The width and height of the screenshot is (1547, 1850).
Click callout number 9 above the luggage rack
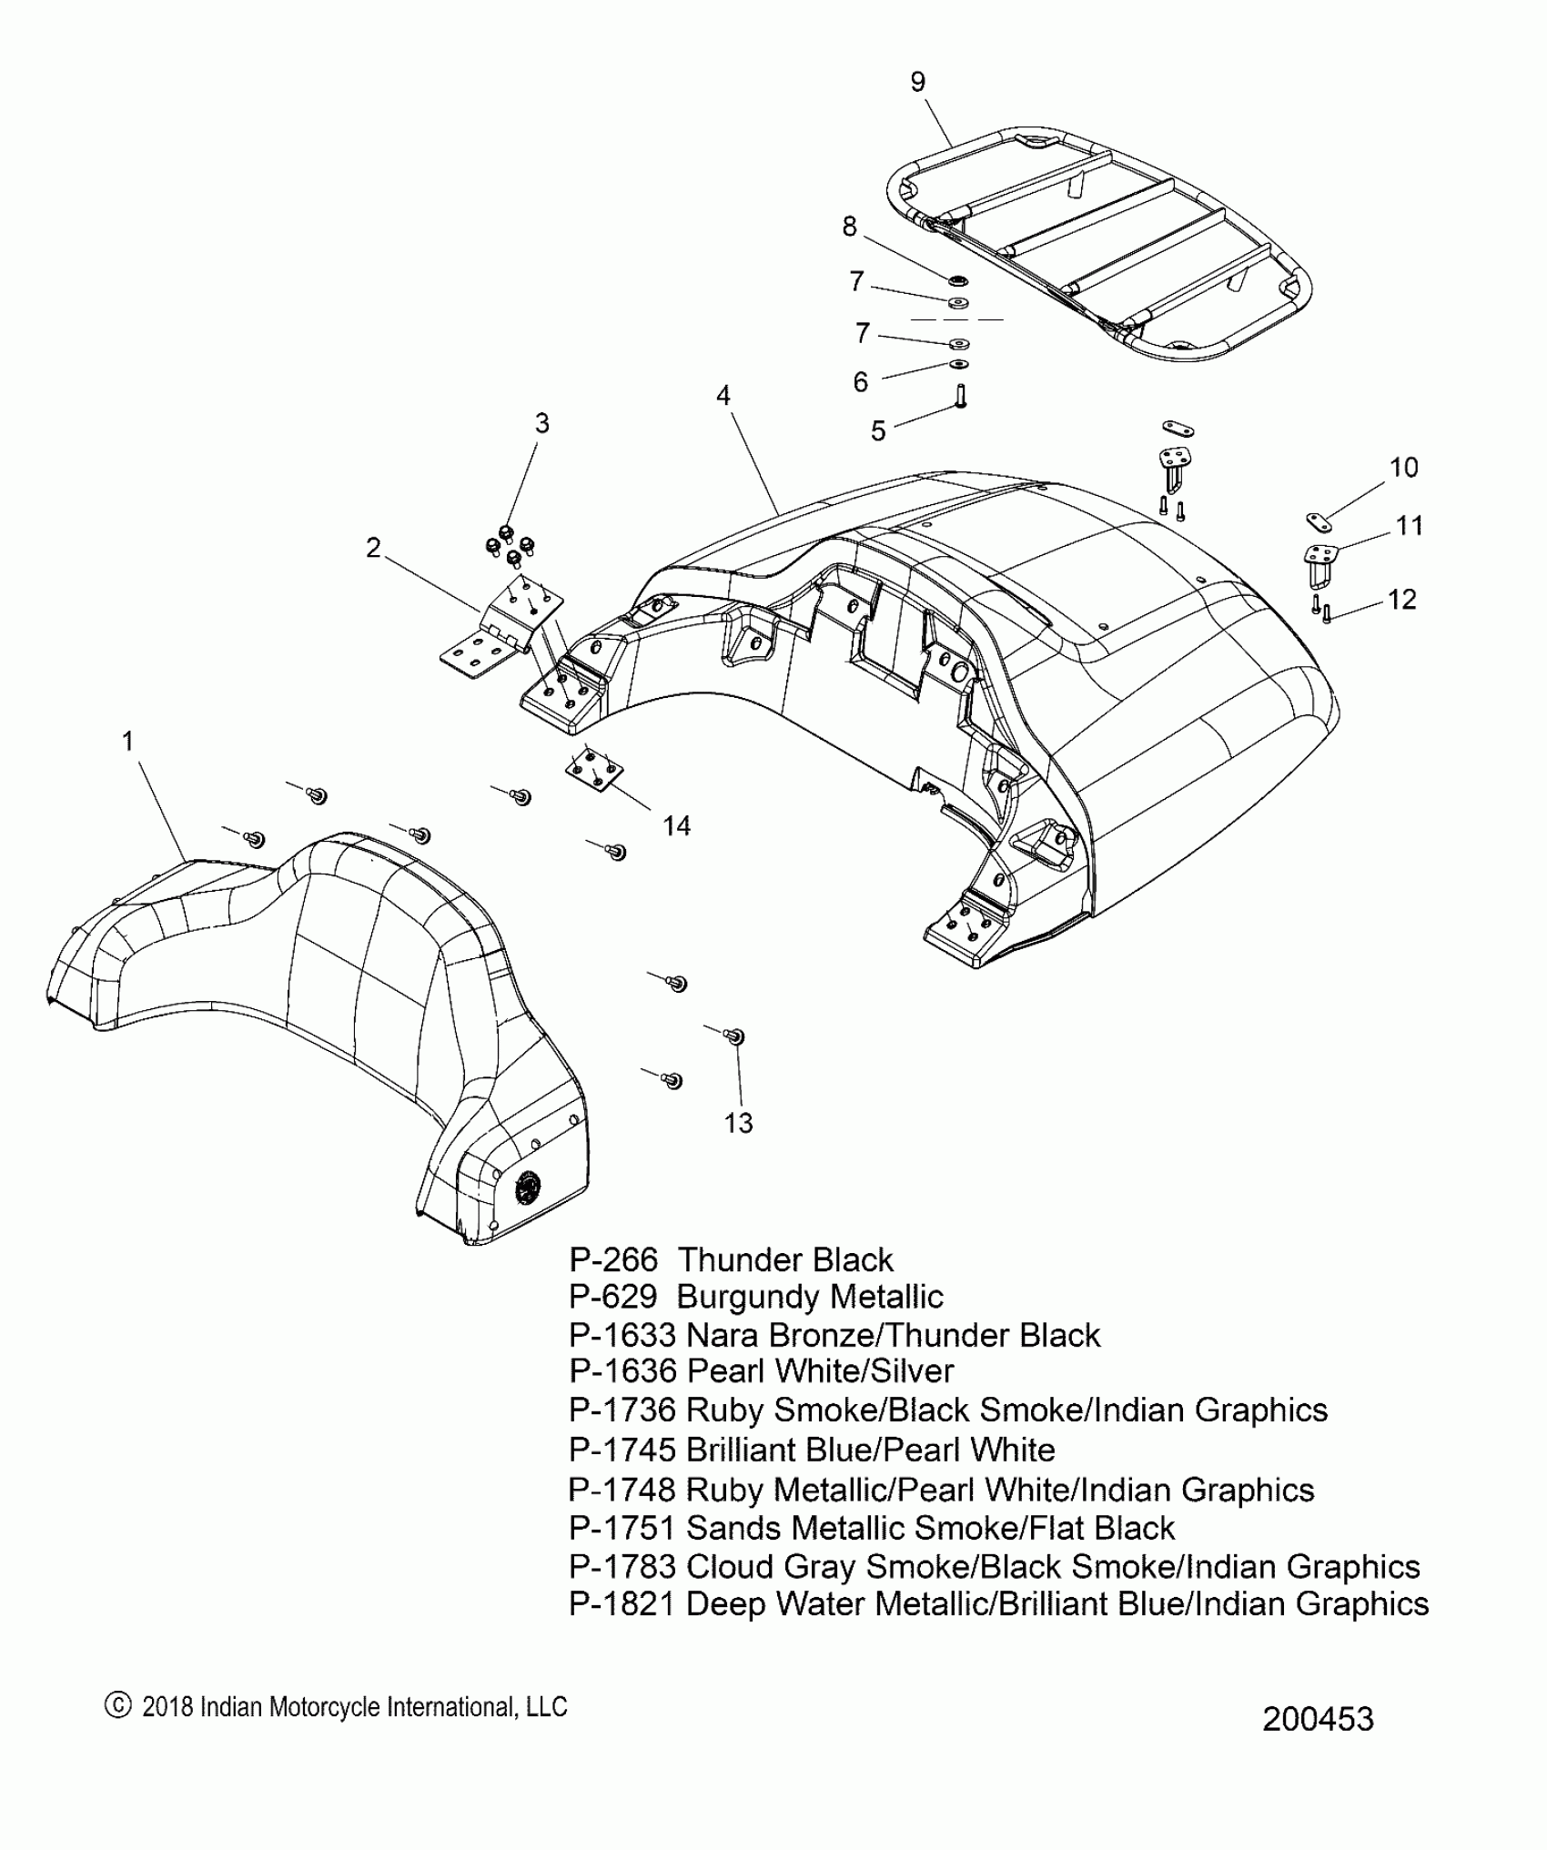[918, 82]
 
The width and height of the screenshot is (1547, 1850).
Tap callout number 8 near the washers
[849, 227]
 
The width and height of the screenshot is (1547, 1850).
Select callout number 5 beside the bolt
[877, 430]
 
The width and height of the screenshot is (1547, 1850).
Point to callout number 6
[860, 381]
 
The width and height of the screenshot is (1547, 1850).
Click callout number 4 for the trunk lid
[723, 396]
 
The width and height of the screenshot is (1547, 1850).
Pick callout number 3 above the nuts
[542, 423]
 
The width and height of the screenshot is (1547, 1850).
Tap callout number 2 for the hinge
[373, 548]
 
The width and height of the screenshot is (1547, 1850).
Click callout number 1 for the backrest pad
[128, 742]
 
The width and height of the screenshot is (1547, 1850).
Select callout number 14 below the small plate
[676, 825]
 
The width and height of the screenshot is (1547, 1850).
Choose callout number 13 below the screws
[739, 1124]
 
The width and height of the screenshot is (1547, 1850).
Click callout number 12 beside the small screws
[1402, 600]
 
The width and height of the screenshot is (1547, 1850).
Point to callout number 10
[1404, 468]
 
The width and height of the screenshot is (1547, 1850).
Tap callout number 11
[1410, 526]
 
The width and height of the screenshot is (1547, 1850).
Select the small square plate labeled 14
[593, 769]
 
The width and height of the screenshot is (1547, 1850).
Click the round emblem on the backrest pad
[529, 1188]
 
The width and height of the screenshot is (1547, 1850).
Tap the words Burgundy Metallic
[810, 1297]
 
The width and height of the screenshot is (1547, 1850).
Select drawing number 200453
[1318, 1719]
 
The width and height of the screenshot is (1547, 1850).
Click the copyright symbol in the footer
[118, 1706]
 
